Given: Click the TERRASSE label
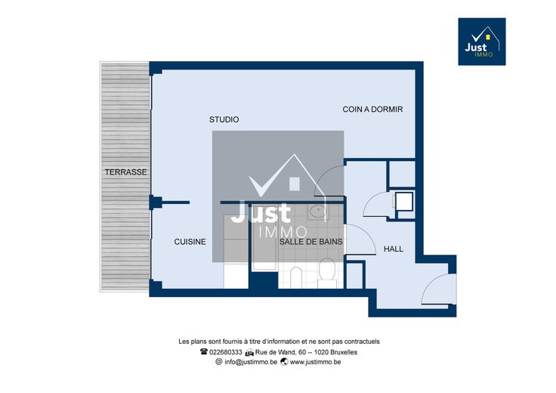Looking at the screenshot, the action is pos(125,172).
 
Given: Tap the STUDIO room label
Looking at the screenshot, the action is pos(224,119).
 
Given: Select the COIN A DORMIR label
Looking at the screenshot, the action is pos(372,110).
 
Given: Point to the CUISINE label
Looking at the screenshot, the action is pos(190,242).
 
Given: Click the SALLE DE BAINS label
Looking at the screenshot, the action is pos(310,242).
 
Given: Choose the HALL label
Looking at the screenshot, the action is pos(394,249).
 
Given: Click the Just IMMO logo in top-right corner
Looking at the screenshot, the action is pos(482,42).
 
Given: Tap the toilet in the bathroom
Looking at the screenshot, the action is pos(327,273).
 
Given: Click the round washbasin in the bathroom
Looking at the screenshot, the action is pos(318,212).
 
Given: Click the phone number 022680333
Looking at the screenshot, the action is pos(226,352).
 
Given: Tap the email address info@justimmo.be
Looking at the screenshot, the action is pos(251,362).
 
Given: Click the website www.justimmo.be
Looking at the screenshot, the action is pos(315,362).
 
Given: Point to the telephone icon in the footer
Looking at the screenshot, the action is pos(203,352).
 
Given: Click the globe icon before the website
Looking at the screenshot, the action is pos(284,362).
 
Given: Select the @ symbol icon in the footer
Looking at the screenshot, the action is pos(219,362).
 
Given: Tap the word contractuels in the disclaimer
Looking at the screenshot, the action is pos(363,342).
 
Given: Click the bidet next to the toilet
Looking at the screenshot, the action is pos(296,277).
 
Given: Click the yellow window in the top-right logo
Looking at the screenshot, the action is pos(488,36).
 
